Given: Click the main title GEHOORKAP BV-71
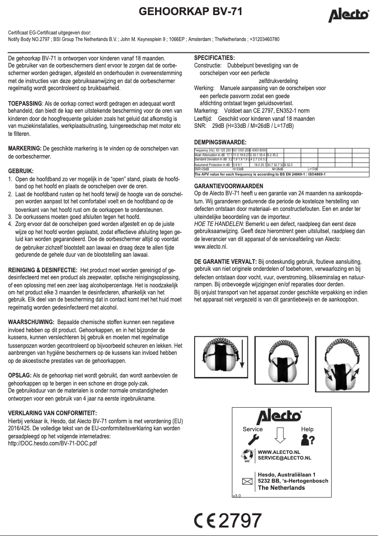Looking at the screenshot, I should coord(190,12).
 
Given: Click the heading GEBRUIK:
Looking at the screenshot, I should coord(21,171).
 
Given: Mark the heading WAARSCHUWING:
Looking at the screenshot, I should coord(31,322).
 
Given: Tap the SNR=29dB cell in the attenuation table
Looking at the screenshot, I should coord(202,169).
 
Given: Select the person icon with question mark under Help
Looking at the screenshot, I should coord(307,439).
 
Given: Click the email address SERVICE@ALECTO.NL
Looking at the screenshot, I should coord(284,458).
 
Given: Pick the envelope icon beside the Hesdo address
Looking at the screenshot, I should coord(247,481).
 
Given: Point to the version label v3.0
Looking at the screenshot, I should coord(237,496).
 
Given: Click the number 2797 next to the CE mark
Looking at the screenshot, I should coord(240,520).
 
